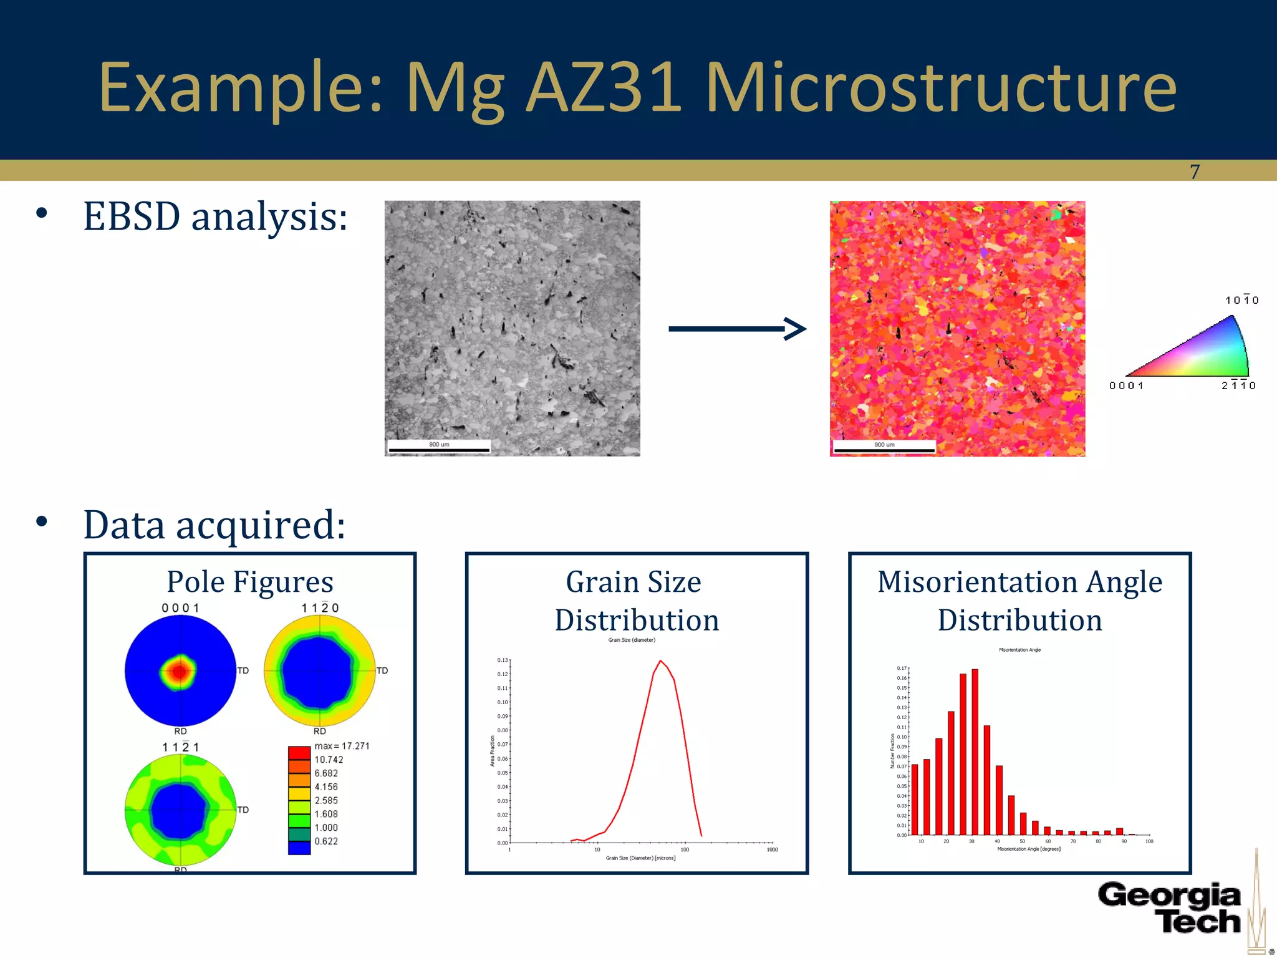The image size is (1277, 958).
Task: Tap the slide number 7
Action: pos(1194,172)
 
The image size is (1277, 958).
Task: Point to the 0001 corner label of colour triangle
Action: pos(1126,386)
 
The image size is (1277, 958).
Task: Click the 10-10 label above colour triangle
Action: pos(1241,301)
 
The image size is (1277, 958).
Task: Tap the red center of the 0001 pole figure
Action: pos(180,671)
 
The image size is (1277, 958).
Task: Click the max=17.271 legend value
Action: pos(342,746)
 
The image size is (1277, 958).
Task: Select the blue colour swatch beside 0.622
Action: pos(299,848)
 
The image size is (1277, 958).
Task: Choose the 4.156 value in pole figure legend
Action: pos(326,787)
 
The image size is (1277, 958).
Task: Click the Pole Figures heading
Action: pos(250,582)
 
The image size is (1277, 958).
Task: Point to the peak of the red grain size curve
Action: pos(660,661)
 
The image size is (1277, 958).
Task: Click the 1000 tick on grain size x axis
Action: pos(772,849)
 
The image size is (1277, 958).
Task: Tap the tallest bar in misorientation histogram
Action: pos(975,752)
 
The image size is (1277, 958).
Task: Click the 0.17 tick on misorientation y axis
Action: pos(902,669)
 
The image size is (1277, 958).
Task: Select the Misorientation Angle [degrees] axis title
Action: pos(1029,849)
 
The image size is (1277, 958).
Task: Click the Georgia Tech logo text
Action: pos(1170,908)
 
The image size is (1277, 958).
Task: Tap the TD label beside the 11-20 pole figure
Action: pos(382,670)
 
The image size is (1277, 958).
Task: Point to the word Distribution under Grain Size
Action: pos(637,621)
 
